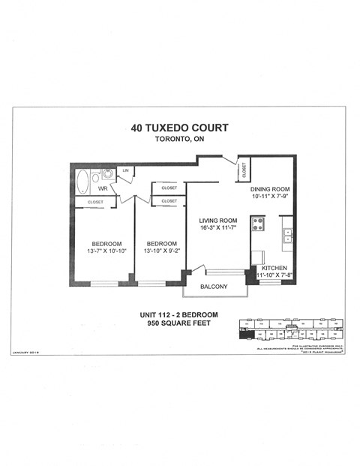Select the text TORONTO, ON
click(x=178, y=140)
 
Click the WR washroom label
click(x=102, y=189)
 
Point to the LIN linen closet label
click(x=124, y=172)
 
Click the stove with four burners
click(x=257, y=223)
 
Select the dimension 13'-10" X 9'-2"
click(x=161, y=251)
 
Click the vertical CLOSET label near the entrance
click(x=244, y=171)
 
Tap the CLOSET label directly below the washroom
click(x=95, y=202)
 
